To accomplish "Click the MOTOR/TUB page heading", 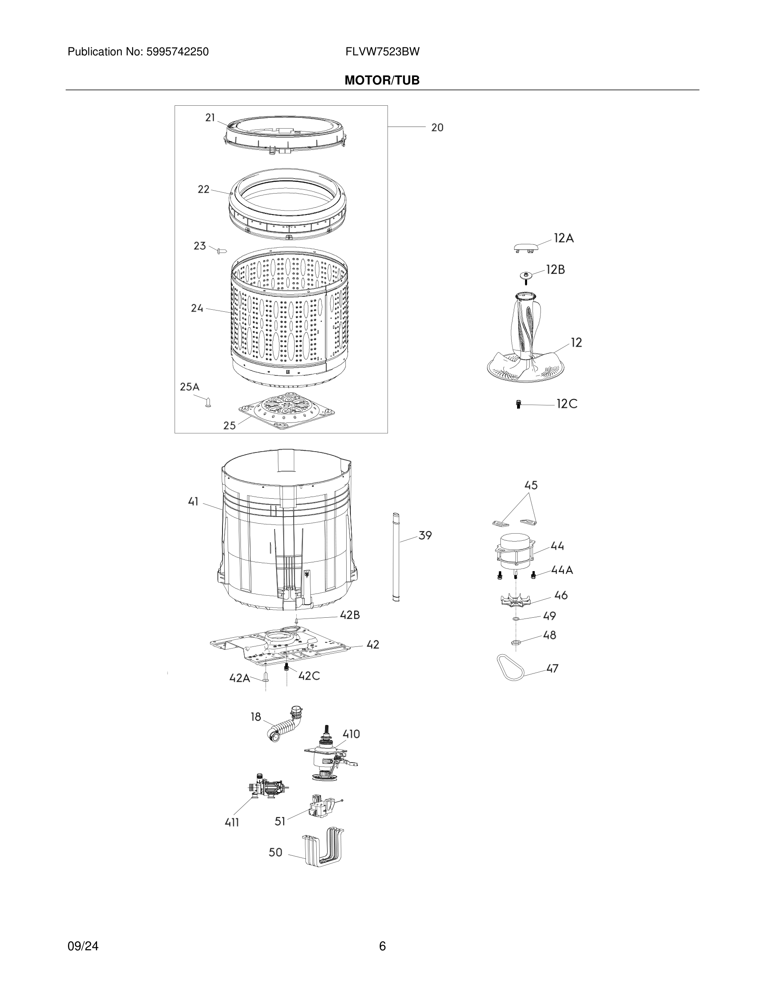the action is coord(382,81).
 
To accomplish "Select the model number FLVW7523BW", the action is coord(382,52).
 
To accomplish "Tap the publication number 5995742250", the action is coord(177,52).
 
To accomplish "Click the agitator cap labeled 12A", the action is coord(526,247).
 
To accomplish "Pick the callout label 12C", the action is coord(567,404).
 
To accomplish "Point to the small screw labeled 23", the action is coord(222,251).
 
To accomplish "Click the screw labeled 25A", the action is coord(207,402).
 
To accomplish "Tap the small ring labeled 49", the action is coord(516,619).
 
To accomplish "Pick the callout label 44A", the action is coord(562,570).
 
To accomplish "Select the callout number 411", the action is coord(232,822).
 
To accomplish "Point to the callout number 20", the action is coord(437,128).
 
